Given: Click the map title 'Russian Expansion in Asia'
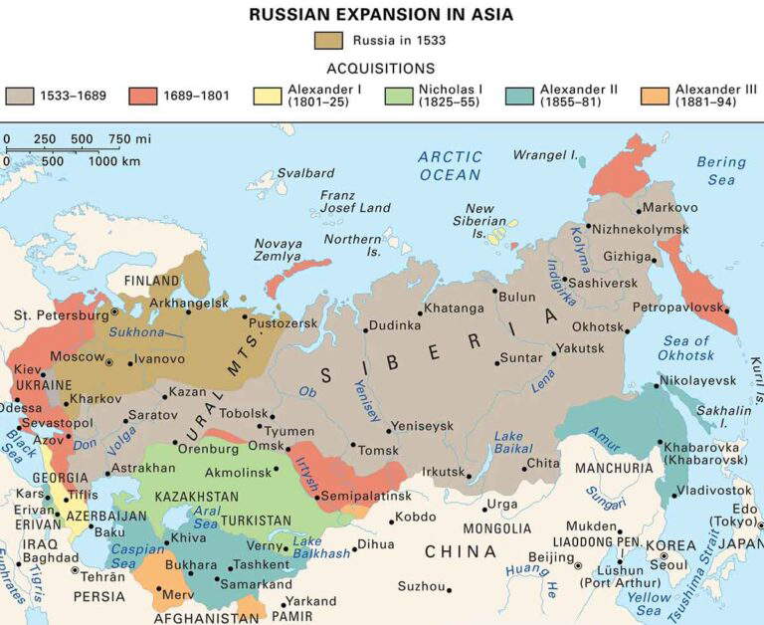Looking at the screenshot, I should pos(382,15).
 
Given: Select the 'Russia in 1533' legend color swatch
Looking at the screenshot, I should pos(327,41).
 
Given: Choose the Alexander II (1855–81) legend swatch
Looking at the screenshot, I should pos(520,96).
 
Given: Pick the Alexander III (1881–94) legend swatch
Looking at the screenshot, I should pos(655,96).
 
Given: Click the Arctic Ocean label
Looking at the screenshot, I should pos(450,165).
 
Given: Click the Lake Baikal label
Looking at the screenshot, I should pos(508,443).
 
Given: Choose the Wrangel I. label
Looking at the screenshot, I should pos(545,154).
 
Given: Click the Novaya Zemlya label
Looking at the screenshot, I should pos(279,250).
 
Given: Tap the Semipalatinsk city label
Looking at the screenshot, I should pos(368,496).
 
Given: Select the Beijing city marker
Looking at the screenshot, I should pos(578,564).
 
